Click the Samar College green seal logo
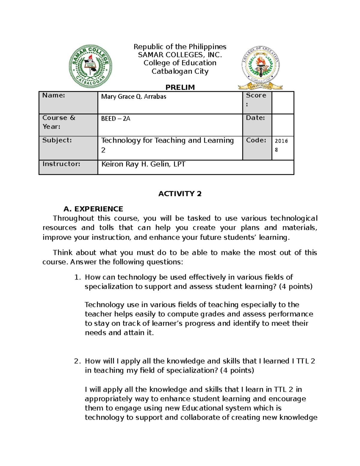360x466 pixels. coord(90,66)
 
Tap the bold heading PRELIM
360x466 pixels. coord(180,87)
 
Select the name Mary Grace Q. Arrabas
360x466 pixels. coord(133,97)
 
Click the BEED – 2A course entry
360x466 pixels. coord(115,119)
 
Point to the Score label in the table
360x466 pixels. coord(256,96)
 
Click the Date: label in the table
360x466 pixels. coord(255,118)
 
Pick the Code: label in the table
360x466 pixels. coord(256,140)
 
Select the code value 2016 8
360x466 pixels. coord(281,145)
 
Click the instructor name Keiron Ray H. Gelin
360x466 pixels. coord(143,164)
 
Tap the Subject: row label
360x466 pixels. coord(57,140)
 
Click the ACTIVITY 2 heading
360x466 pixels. coord(180,194)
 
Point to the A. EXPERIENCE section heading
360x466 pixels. coord(93,209)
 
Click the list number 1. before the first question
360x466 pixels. coord(77,277)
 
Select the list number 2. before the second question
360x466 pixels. coord(77,361)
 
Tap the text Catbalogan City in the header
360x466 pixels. coord(180,71)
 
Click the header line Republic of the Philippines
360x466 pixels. coord(180,47)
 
